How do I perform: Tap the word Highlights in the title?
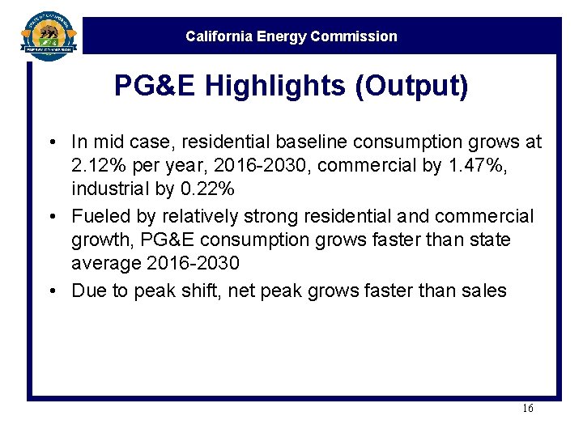click(274, 86)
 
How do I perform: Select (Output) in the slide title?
click(411, 86)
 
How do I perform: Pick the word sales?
click(484, 291)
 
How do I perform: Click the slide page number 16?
click(527, 409)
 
